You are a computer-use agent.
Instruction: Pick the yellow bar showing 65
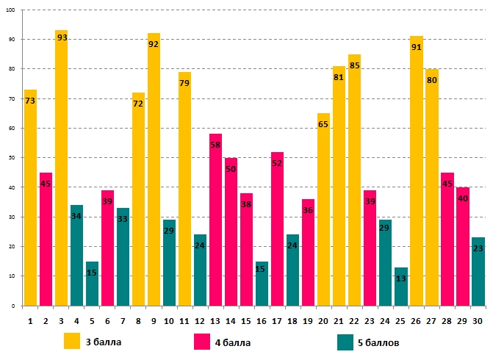click(x=323, y=209)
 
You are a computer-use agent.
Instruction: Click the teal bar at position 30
click(x=478, y=271)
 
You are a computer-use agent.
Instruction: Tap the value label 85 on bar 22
click(x=355, y=66)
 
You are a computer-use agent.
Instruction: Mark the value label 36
click(x=308, y=211)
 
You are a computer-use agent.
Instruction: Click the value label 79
click(x=184, y=84)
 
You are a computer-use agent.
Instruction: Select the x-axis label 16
click(x=262, y=320)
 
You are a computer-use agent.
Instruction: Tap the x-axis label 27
click(x=431, y=320)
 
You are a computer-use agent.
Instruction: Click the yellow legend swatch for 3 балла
click(x=72, y=342)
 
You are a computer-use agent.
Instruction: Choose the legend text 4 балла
click(x=231, y=342)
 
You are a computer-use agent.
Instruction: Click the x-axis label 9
click(x=154, y=320)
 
